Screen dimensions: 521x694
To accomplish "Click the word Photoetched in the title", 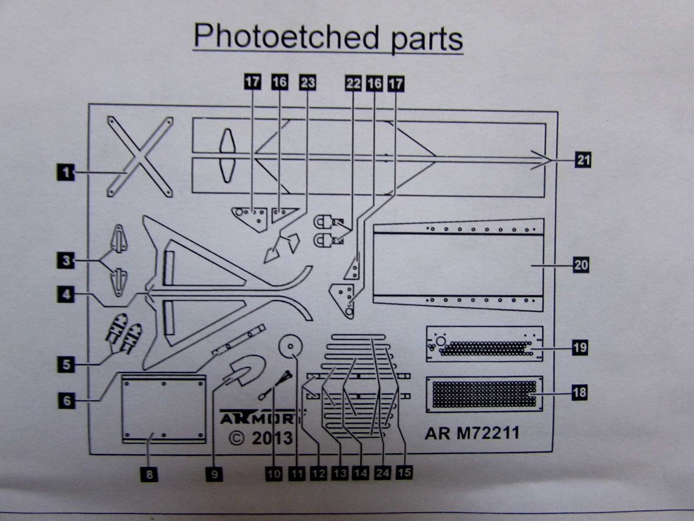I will pyautogui.click(x=286, y=37).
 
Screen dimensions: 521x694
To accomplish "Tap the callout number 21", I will pyautogui.click(x=583, y=160).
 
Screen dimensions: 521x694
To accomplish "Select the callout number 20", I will pyautogui.click(x=581, y=264).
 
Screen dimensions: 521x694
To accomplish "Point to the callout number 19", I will pyautogui.click(x=580, y=347).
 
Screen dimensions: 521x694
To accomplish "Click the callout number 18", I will pyautogui.click(x=579, y=392).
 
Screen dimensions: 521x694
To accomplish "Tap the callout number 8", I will pyautogui.click(x=149, y=474).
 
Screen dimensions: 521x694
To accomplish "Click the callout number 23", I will pyautogui.click(x=307, y=82).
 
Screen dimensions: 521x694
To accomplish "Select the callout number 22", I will pyautogui.click(x=353, y=83).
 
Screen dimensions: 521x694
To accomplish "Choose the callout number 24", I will pyautogui.click(x=382, y=472).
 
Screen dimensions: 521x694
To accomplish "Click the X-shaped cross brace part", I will pyautogui.click(x=140, y=156).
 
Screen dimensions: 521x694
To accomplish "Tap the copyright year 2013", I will pyautogui.click(x=272, y=437).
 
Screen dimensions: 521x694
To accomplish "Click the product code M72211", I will pyautogui.click(x=488, y=433).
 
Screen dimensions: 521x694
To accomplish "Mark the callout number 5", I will pyautogui.click(x=66, y=364).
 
